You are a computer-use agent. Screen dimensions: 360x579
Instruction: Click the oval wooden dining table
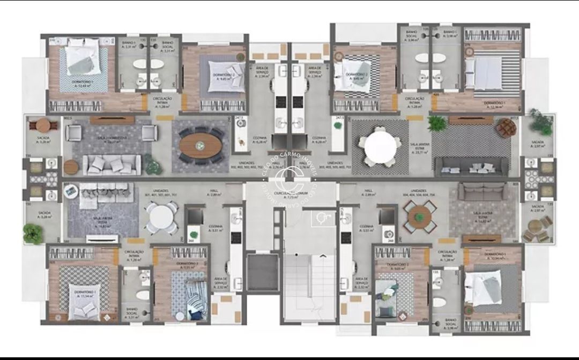tap(199, 145)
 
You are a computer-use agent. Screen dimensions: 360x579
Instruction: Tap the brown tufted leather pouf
tap(505, 129)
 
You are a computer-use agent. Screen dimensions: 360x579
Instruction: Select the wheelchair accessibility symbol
tap(322, 217)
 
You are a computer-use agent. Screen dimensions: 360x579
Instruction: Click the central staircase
tap(309, 284)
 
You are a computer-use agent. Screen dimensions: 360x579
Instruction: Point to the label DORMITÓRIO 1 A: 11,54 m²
tap(86, 294)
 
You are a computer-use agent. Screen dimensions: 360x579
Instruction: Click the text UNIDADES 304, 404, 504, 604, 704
tap(418, 193)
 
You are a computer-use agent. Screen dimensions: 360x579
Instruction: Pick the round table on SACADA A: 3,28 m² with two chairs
tap(43, 125)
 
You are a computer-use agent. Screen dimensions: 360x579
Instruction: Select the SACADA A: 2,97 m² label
tap(537, 208)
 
